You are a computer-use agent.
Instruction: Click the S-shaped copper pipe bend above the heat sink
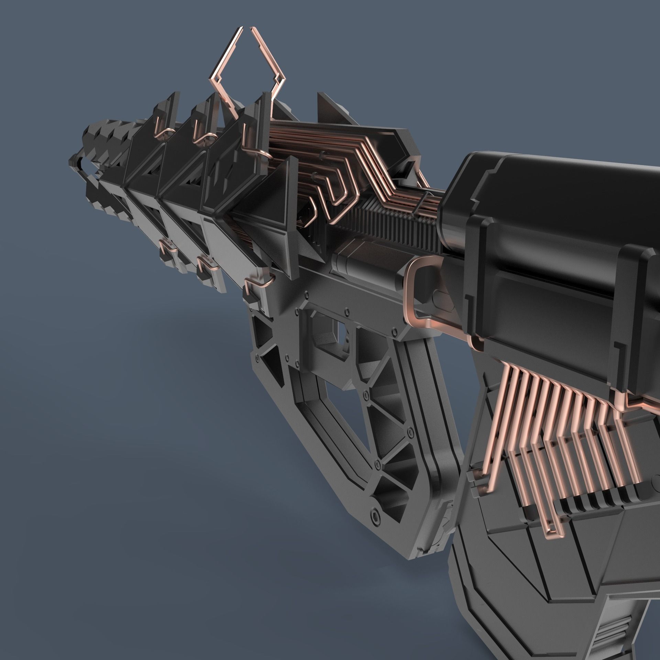point(330,192)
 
